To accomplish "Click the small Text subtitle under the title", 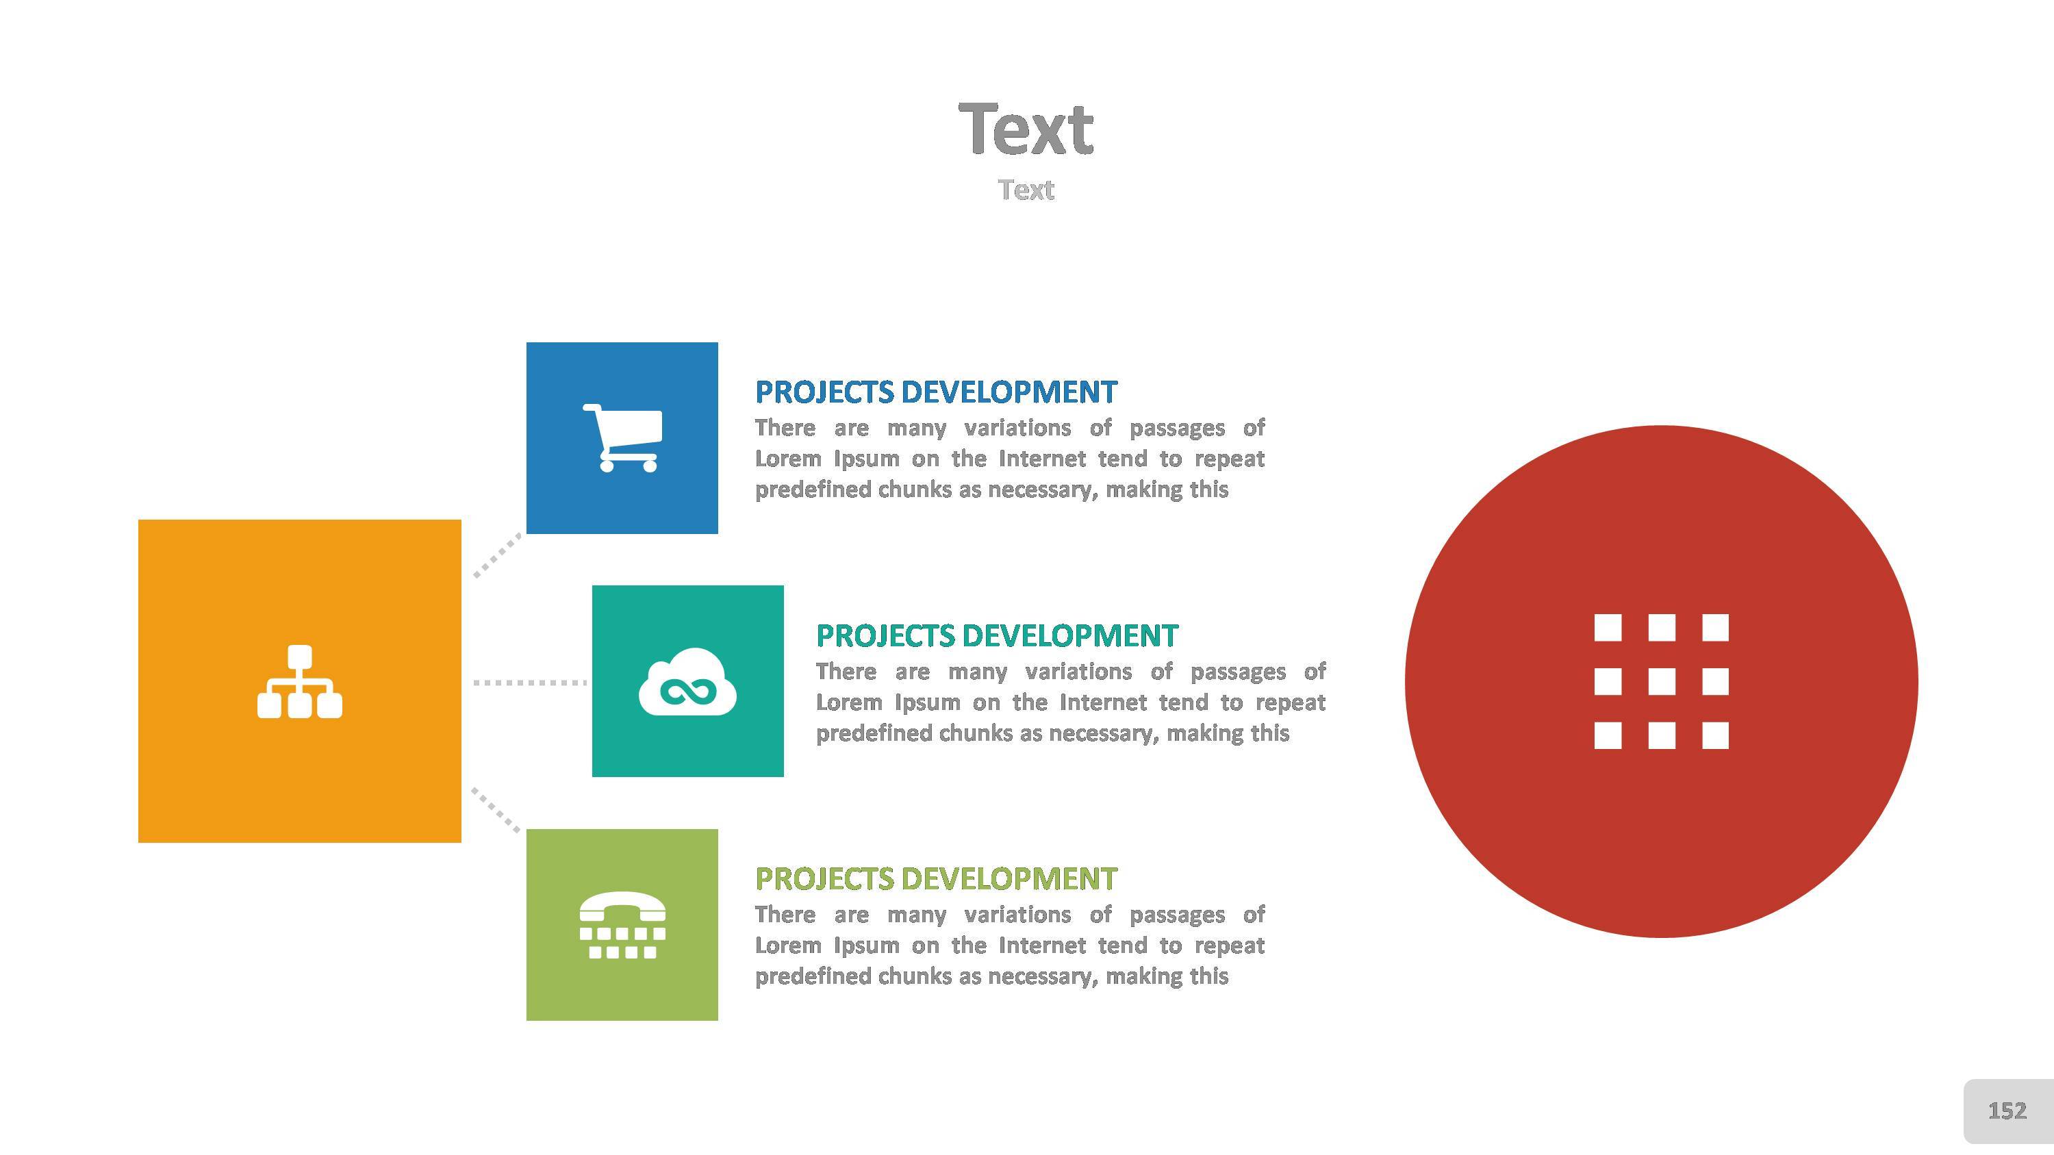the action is [1026, 190].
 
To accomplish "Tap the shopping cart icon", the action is [622, 437].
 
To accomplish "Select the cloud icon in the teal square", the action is [687, 681].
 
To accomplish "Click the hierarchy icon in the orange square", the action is [300, 681].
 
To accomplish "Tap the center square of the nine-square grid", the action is [1661, 681].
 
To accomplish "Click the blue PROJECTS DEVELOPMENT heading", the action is [936, 392].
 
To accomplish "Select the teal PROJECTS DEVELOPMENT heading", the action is [997, 636].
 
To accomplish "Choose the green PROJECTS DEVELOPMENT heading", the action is [936, 879].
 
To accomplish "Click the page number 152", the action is [2007, 1110].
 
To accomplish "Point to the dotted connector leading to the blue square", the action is [498, 555].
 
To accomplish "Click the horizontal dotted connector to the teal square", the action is [530, 683].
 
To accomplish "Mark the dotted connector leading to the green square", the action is [496, 810].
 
